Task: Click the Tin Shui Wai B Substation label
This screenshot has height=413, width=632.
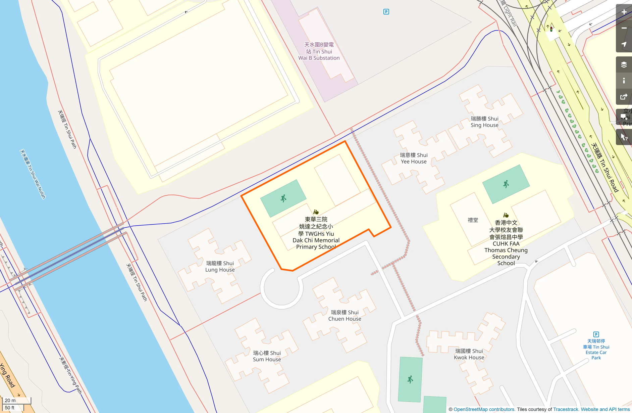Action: point(319,51)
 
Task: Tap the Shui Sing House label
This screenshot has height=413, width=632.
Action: point(484,122)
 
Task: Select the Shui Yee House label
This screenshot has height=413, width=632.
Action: point(414,158)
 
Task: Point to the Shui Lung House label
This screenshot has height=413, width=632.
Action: point(220,267)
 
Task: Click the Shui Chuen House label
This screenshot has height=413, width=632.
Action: point(345,316)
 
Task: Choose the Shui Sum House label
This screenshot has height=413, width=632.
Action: point(267,356)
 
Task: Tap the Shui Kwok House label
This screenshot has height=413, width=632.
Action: point(469,354)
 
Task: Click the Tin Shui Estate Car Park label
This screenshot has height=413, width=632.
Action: point(596,350)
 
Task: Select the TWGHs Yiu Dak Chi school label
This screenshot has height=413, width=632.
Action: point(316,233)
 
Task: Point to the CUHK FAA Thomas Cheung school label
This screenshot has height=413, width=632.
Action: point(506,243)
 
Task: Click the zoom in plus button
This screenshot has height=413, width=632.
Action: point(624,12)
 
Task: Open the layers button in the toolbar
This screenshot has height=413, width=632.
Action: point(624,64)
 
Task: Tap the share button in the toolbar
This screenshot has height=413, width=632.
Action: point(624,97)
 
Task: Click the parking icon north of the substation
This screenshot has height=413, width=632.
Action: point(386,12)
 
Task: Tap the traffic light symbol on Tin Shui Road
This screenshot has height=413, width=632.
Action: point(551,30)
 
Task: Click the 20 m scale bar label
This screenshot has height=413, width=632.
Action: point(10,400)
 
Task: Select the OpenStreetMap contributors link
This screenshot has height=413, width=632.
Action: point(484,409)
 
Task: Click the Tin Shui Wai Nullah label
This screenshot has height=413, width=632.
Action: point(33,174)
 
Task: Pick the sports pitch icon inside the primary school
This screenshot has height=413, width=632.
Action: point(283,198)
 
